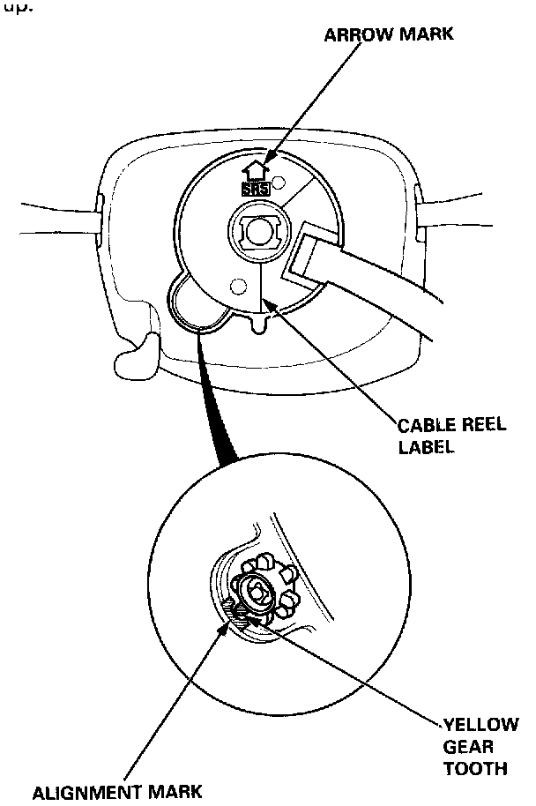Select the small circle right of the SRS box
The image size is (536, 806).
click(280, 183)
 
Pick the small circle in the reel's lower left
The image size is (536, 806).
click(235, 286)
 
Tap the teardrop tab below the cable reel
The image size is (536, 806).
click(257, 325)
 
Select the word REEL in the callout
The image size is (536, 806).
click(483, 426)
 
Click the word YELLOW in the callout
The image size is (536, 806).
click(481, 726)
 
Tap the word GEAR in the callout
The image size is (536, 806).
click(468, 747)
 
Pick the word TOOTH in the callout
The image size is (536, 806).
click(477, 768)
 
